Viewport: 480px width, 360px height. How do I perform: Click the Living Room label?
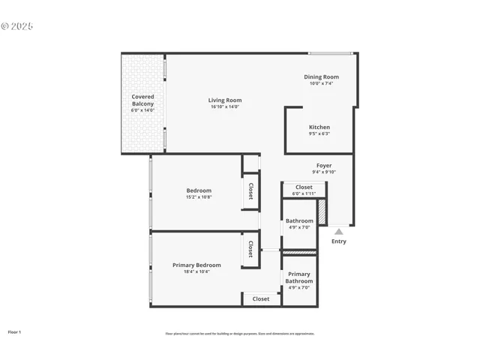coord(225,100)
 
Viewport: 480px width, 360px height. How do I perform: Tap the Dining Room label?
coord(321,76)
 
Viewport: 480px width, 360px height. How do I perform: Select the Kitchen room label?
coord(319,127)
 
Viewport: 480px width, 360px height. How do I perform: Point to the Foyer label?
coord(324,165)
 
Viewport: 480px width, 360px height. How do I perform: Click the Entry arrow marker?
coord(339,232)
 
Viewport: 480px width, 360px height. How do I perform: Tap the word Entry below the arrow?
coord(339,241)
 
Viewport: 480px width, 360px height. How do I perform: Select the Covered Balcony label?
coord(142,100)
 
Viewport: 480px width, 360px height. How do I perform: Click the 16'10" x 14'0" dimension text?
coord(225,107)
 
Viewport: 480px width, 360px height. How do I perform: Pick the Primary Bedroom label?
coord(196,265)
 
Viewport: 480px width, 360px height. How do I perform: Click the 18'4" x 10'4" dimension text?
coord(196,271)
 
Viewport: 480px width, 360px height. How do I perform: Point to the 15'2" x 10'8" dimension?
coord(199,197)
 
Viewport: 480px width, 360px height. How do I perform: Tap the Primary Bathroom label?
coord(299,277)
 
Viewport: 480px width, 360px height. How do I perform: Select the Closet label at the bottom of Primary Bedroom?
coord(261,298)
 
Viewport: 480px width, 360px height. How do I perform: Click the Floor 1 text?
coord(14,331)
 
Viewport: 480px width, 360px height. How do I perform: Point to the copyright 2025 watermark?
coord(17,26)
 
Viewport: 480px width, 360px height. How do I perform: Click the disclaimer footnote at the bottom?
coord(240,334)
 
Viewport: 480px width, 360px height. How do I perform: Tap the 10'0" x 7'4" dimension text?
coord(321,83)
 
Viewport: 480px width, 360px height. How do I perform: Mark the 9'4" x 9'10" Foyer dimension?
coord(324,172)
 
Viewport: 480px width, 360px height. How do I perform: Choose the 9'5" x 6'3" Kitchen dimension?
coord(319,133)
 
